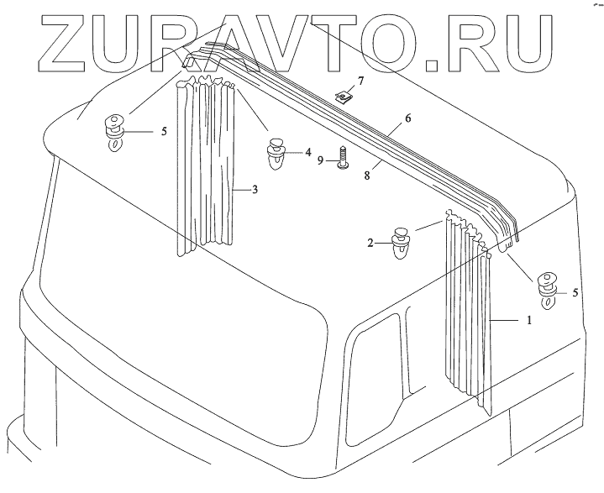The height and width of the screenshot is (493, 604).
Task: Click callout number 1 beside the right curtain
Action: click(529, 320)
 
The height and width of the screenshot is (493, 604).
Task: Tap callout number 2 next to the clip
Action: click(370, 243)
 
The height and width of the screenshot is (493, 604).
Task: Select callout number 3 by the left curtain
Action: click(255, 190)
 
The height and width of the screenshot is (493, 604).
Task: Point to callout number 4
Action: click(308, 153)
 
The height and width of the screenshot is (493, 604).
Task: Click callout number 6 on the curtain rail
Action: click(407, 118)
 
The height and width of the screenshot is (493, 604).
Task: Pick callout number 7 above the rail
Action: click(360, 81)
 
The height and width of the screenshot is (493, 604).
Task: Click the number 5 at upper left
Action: click(165, 131)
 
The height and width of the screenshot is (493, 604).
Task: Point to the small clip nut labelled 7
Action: click(343, 96)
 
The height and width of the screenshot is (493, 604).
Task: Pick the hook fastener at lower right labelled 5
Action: click(549, 287)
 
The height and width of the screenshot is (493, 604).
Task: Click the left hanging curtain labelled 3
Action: click(206, 168)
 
